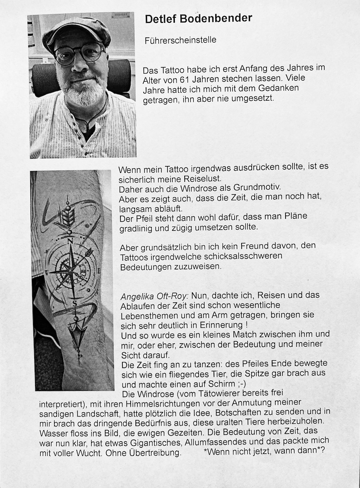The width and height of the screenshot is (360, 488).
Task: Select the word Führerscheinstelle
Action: [180, 40]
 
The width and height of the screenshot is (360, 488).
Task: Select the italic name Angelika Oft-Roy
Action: [155, 295]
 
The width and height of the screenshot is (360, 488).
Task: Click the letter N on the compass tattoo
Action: [70, 241]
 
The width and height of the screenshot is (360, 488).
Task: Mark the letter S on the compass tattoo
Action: [74, 303]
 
